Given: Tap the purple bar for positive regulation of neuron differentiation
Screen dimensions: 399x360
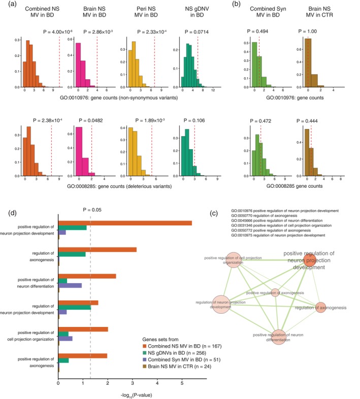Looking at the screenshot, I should (x=71, y=285).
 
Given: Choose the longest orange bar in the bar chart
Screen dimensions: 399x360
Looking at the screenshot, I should (x=125, y=223).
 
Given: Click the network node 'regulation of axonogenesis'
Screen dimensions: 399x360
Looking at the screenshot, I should (x=320, y=307).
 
